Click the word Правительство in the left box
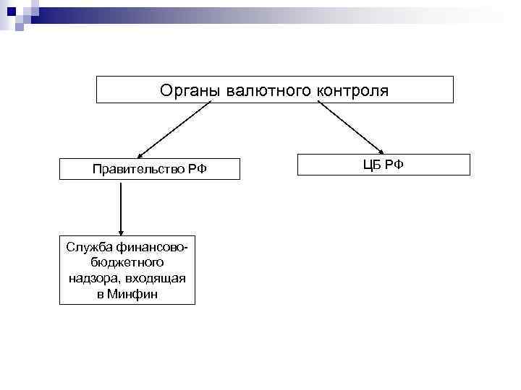(x=139, y=169)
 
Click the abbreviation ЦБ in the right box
(x=373, y=165)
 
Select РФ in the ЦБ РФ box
(x=395, y=165)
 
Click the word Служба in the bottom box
(x=85, y=247)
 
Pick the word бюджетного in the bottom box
(x=127, y=263)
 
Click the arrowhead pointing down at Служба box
(x=120, y=229)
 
